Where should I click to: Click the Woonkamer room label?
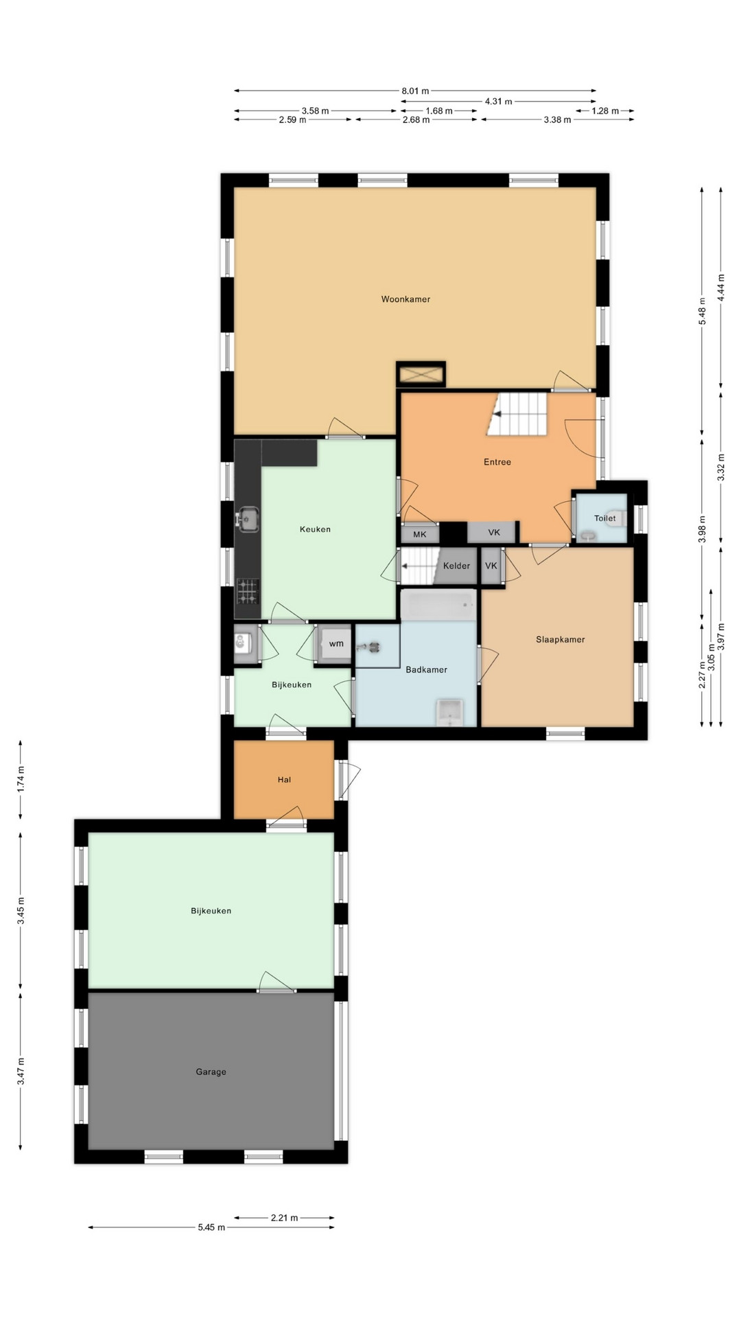click(405, 299)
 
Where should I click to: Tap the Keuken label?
click(315, 529)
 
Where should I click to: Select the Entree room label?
click(497, 462)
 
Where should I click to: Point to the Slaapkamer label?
click(561, 639)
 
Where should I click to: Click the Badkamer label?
click(426, 669)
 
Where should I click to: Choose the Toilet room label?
click(604, 518)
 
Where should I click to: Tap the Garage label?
click(211, 1072)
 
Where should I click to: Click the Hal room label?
click(284, 780)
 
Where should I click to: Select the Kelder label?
click(456, 566)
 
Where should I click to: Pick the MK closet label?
click(420, 534)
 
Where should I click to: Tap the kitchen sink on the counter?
click(247, 520)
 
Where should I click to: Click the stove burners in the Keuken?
click(248, 591)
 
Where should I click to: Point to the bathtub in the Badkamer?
click(438, 605)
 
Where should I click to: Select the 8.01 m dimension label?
click(415, 91)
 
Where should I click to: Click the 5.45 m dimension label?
click(211, 1227)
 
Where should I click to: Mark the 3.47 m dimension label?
click(21, 1072)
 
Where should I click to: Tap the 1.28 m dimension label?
click(605, 111)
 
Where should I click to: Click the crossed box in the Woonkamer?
click(421, 375)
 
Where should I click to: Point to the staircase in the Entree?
click(518, 415)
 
